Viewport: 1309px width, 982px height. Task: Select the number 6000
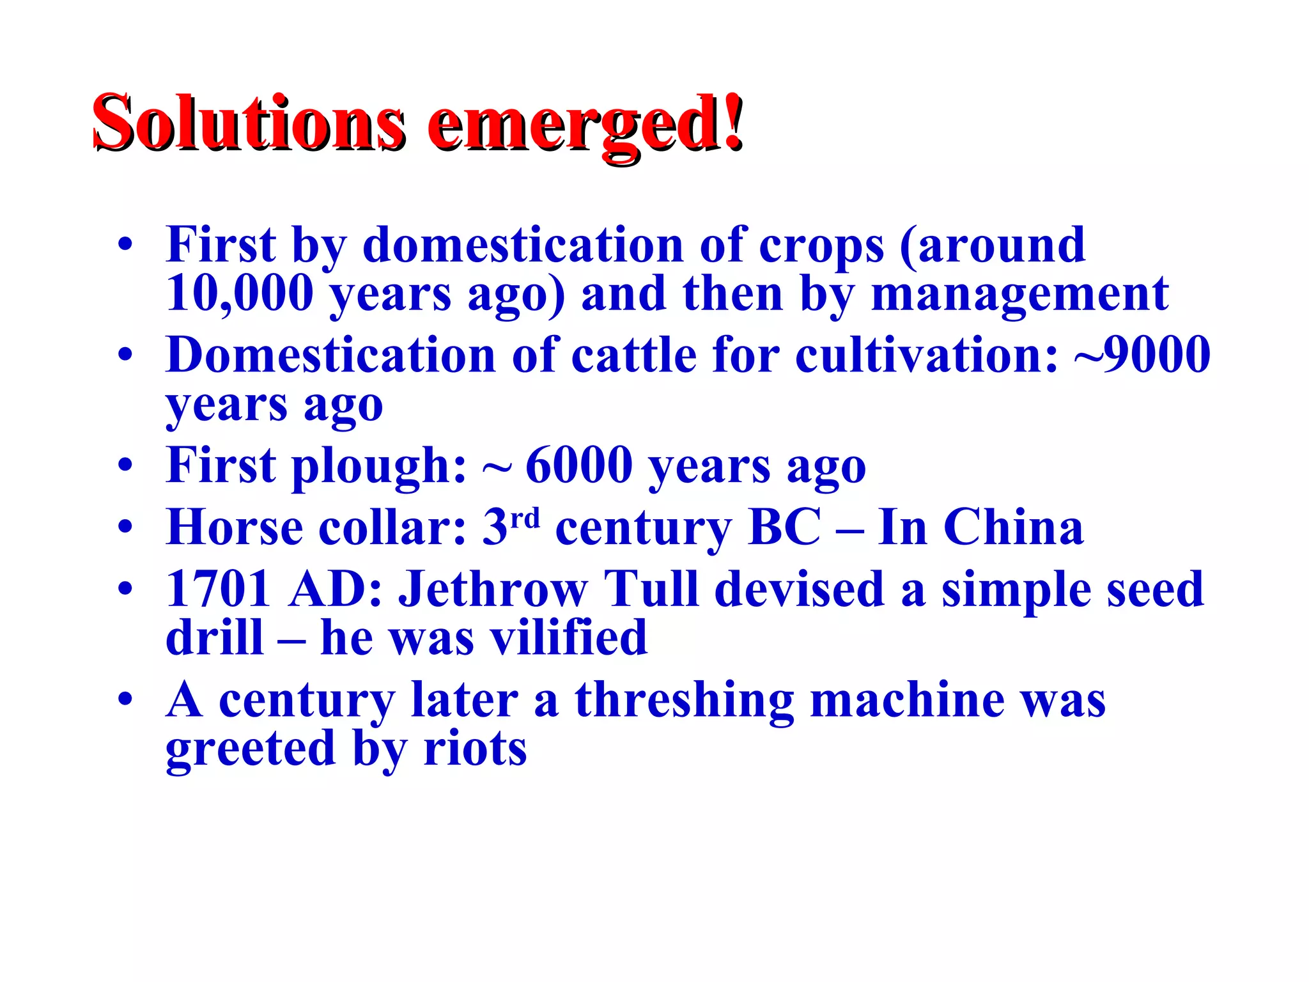click(579, 465)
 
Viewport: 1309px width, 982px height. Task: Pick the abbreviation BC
click(784, 527)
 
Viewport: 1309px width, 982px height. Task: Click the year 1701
click(217, 589)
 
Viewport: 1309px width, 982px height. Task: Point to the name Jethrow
click(493, 589)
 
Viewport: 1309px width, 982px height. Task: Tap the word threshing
click(684, 700)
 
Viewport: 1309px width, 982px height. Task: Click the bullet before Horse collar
click(126, 528)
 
